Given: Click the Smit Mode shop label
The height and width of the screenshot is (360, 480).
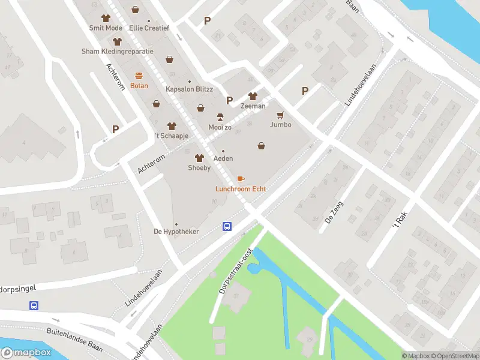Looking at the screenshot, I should (106, 28).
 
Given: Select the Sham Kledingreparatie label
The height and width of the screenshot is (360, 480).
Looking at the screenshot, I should (118, 51).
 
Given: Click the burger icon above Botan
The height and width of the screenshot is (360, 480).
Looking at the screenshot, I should (139, 76).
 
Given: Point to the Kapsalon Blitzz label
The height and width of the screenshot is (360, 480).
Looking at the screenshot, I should (190, 89).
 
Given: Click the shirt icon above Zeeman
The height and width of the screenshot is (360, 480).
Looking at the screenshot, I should (253, 96).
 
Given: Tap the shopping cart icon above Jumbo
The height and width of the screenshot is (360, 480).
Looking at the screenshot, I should (280, 115).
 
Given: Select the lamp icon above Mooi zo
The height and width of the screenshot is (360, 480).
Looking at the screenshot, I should (220, 117).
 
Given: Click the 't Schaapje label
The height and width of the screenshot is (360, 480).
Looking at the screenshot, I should (172, 136).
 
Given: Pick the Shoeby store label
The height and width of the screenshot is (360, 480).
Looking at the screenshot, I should (199, 167).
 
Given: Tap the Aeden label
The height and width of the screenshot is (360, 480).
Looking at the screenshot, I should (223, 158).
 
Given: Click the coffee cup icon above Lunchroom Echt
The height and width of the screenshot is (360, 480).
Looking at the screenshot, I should (241, 179).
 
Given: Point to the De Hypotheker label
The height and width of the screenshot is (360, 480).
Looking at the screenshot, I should (176, 231).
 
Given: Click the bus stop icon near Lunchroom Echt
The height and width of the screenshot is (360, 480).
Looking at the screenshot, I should (227, 226).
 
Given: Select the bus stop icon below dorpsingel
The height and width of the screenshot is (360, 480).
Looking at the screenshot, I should (35, 305).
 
